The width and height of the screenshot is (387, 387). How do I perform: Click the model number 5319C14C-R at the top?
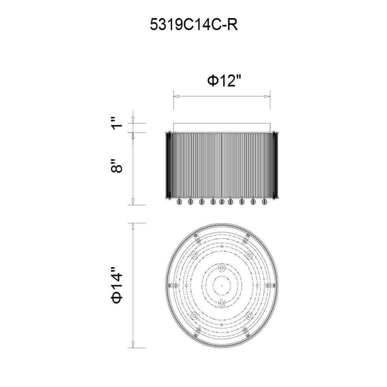(x=194, y=25)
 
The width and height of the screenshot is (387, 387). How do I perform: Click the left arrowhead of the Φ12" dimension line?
(x=176, y=96)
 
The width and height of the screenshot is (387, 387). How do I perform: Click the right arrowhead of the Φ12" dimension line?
(x=267, y=96)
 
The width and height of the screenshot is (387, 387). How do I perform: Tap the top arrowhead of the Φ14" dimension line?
(x=133, y=226)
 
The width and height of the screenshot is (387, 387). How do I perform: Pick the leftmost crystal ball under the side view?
(x=179, y=202)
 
